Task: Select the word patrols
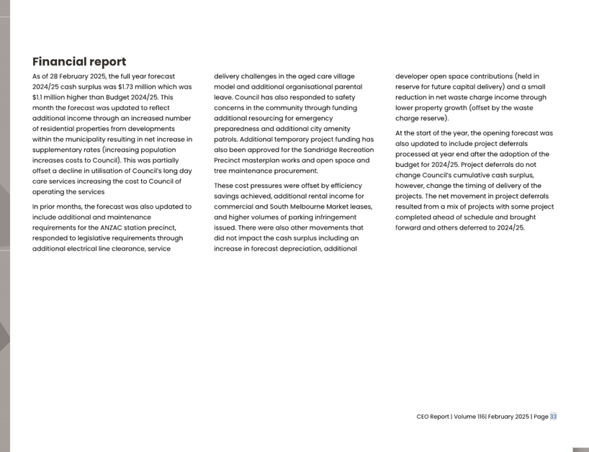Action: [226, 139]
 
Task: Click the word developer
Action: [413, 76]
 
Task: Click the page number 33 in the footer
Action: [553, 417]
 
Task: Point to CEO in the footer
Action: [423, 417]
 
